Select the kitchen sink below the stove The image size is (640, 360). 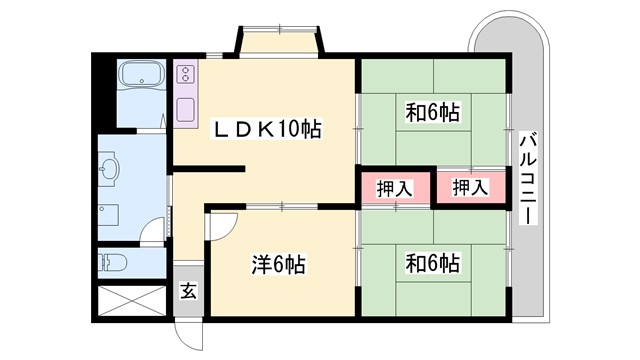[x=186, y=108]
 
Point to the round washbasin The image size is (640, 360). [x=110, y=170]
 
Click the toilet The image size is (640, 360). [x=112, y=264]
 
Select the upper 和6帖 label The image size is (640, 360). [x=432, y=112]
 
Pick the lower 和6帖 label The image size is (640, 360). [x=432, y=263]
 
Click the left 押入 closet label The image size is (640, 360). [x=394, y=187]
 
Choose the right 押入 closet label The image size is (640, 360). [x=469, y=187]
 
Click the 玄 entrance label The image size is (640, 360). [x=188, y=292]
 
